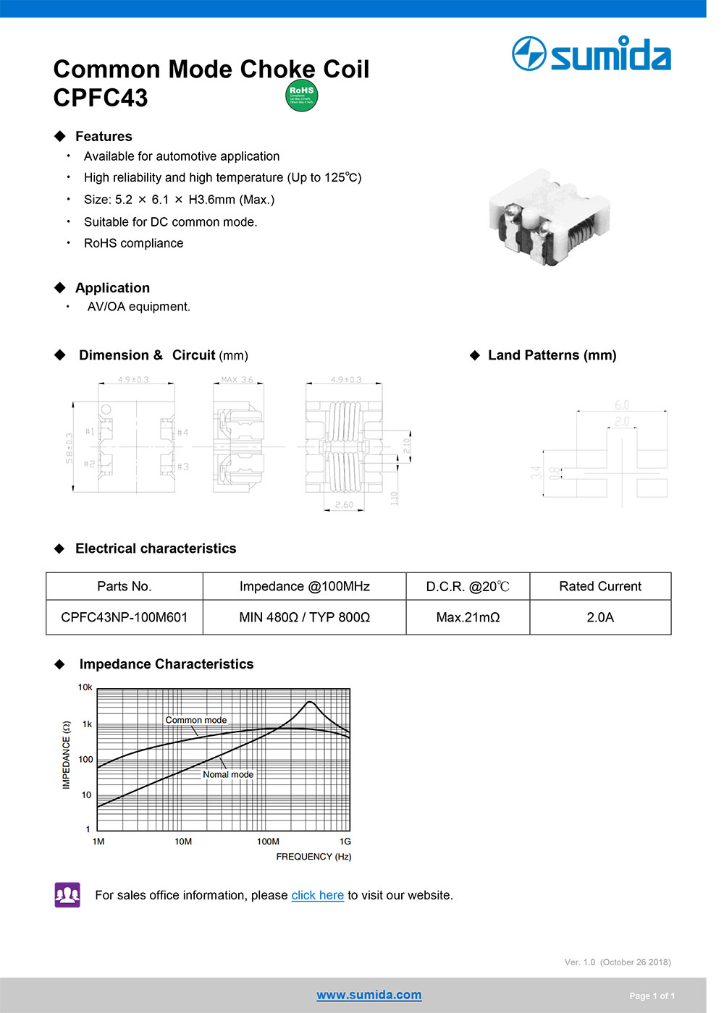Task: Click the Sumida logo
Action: pyautogui.click(x=591, y=54)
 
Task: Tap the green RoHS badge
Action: pyautogui.click(x=302, y=96)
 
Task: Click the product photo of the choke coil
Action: pyautogui.click(x=550, y=217)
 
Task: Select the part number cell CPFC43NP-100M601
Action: pyautogui.click(x=125, y=617)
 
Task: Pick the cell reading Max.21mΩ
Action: pyautogui.click(x=468, y=617)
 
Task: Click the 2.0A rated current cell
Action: pyautogui.click(x=600, y=617)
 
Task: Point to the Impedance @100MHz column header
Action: pyautogui.click(x=304, y=586)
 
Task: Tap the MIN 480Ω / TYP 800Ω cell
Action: pyautogui.click(x=304, y=617)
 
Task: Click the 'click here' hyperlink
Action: pyautogui.click(x=317, y=895)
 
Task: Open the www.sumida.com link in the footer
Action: pyautogui.click(x=369, y=995)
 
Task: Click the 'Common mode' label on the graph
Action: pyautogui.click(x=195, y=720)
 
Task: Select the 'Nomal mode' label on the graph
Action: pyautogui.click(x=228, y=774)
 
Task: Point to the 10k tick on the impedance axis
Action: pyautogui.click(x=85, y=687)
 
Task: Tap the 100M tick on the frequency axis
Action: pyautogui.click(x=268, y=842)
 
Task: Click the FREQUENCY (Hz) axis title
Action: pyautogui.click(x=313, y=857)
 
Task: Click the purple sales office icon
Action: pyautogui.click(x=67, y=895)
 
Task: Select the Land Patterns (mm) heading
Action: pyautogui.click(x=552, y=355)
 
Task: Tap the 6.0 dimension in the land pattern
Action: pyautogui.click(x=622, y=405)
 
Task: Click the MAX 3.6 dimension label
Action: pyautogui.click(x=237, y=380)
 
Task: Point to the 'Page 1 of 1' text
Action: pyautogui.click(x=652, y=996)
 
